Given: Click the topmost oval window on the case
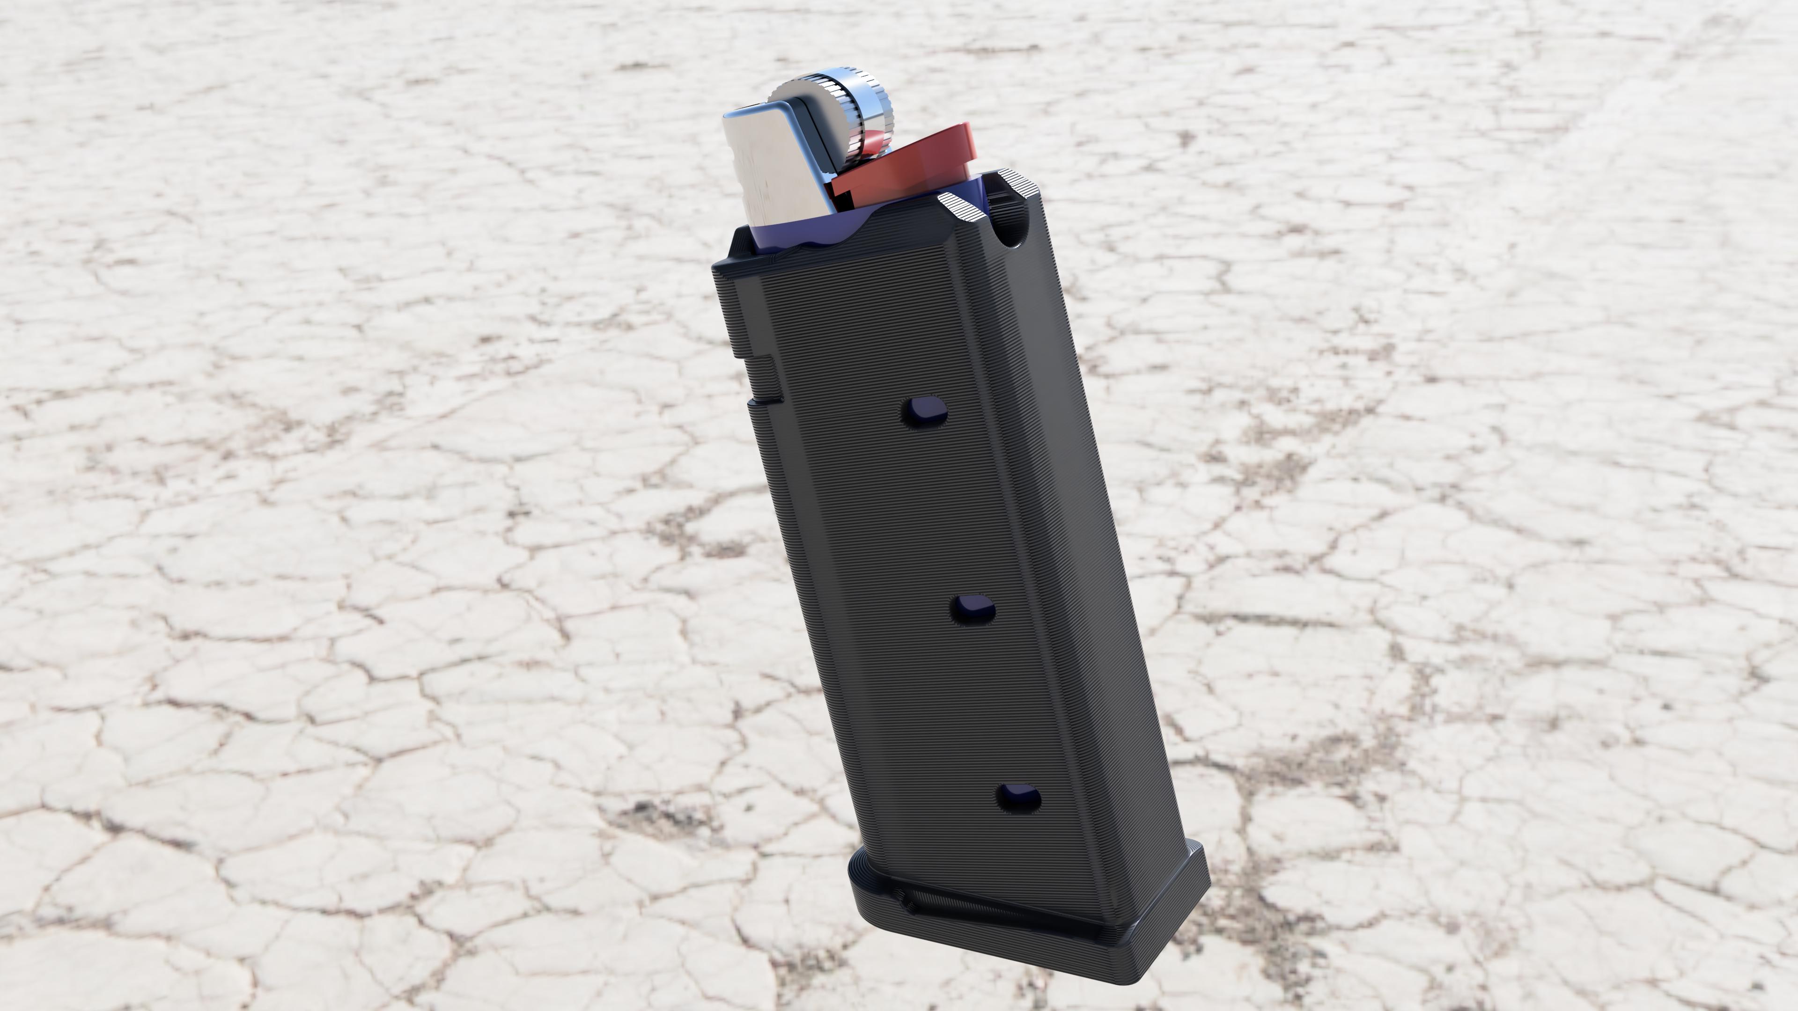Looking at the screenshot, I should click(924, 412).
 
